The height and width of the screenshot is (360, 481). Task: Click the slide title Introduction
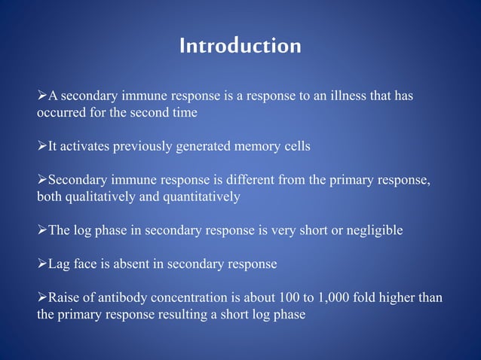pos(240,47)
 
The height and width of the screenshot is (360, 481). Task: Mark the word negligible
pos(375,230)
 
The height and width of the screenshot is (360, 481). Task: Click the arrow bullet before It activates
pos(42,146)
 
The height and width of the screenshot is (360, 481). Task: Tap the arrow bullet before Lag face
pos(42,264)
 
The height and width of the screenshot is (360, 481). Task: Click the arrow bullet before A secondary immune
pos(42,96)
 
